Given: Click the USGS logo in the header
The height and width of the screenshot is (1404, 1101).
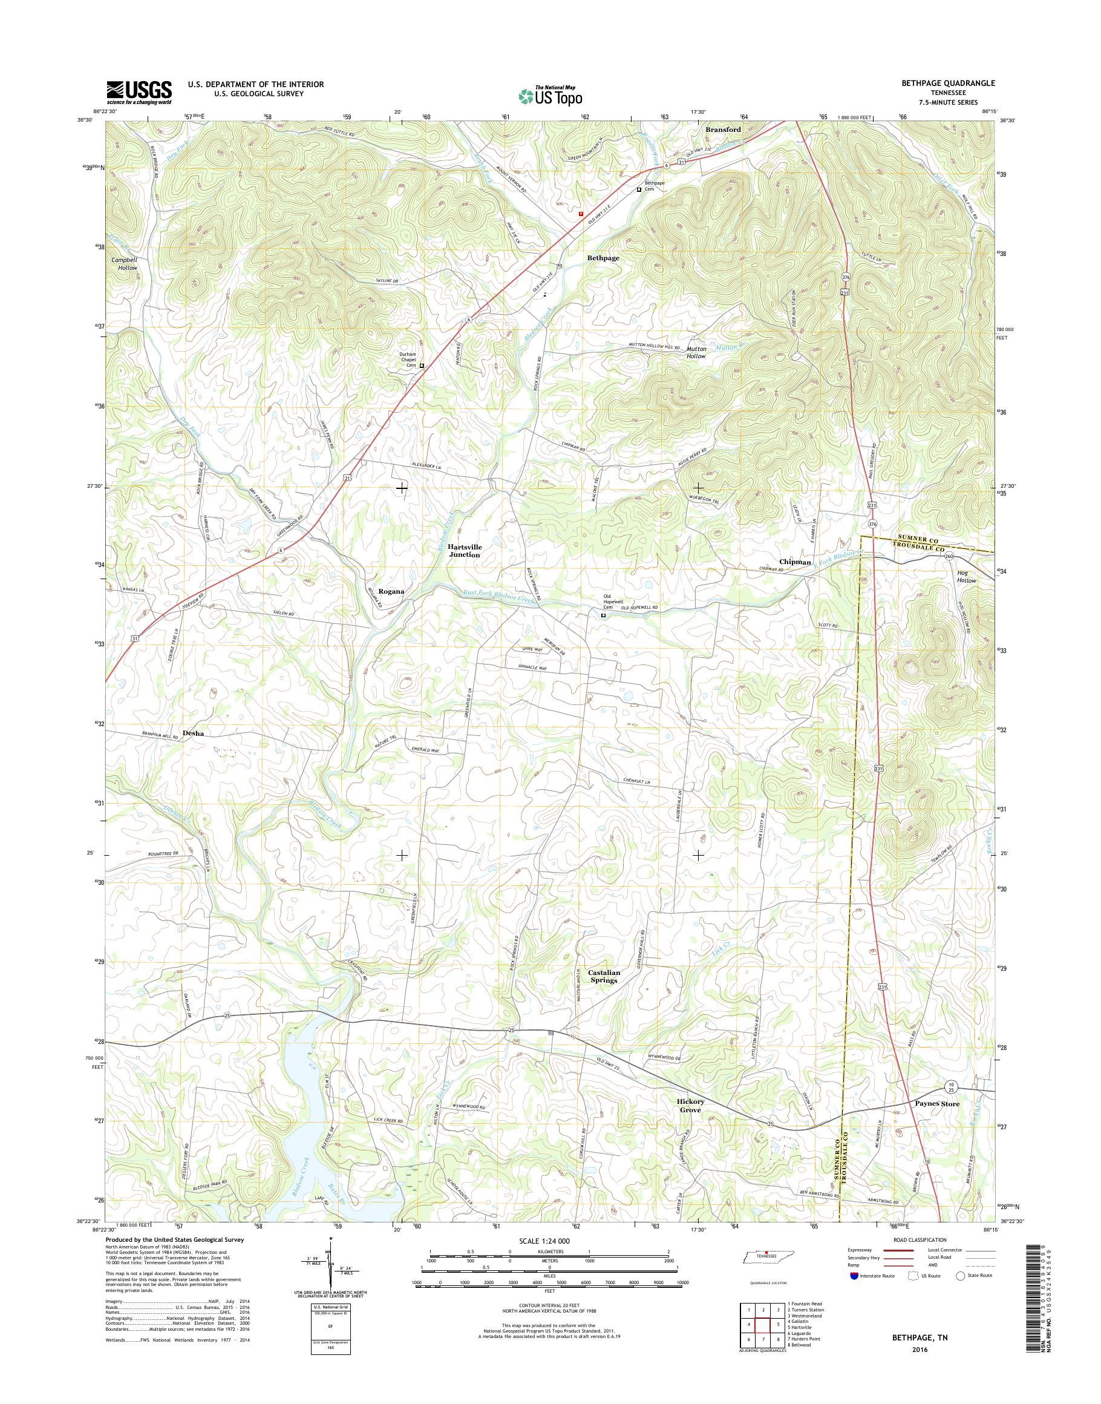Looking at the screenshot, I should [x=139, y=91].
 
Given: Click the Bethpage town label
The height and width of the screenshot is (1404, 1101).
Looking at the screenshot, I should [x=603, y=258].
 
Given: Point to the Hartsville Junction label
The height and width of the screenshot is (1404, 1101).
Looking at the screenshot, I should [x=465, y=550].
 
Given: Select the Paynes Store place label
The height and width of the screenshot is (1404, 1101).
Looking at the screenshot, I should [x=936, y=1103].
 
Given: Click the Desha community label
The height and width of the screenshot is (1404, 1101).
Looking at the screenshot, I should [x=194, y=733].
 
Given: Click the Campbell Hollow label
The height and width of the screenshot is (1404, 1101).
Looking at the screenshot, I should [x=125, y=264].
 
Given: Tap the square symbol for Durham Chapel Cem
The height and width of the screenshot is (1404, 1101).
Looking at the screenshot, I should [x=422, y=366].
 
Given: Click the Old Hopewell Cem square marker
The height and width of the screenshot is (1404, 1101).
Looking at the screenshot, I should [x=603, y=615].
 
